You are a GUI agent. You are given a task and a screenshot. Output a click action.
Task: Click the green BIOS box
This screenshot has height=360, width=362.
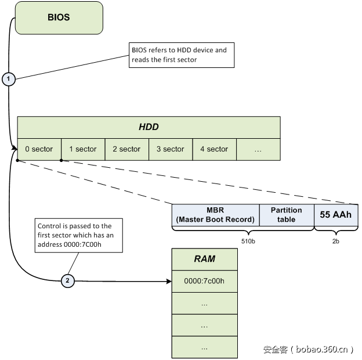click(x=59, y=17)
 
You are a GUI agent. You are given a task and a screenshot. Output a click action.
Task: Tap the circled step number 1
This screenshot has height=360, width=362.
click(x=8, y=79)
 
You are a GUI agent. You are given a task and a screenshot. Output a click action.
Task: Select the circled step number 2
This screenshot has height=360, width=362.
click(x=67, y=281)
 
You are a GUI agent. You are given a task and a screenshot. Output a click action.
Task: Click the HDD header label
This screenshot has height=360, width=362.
click(x=149, y=127)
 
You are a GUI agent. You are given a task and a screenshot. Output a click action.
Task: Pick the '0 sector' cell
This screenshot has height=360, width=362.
click(x=39, y=149)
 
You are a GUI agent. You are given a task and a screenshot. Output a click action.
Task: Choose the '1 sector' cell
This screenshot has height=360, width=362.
click(x=83, y=149)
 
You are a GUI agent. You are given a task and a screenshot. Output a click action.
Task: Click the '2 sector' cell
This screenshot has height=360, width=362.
click(x=126, y=149)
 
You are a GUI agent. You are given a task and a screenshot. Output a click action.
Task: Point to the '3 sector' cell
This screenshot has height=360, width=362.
click(x=171, y=149)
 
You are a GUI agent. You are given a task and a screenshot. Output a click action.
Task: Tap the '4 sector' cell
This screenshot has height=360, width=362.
click(x=214, y=149)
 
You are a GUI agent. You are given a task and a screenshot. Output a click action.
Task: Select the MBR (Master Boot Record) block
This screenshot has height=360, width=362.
click(x=215, y=215)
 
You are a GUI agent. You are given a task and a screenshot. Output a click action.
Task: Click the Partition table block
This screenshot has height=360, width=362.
click(x=286, y=215)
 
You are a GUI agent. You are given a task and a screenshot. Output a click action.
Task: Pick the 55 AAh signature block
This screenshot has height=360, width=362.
click(x=336, y=215)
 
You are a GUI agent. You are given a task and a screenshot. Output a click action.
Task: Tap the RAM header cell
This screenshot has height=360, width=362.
click(x=204, y=259)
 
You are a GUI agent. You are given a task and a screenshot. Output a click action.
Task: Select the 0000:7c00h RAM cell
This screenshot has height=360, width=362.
click(x=204, y=281)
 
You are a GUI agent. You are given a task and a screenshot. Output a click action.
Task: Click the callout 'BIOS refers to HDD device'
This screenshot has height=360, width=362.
click(x=182, y=55)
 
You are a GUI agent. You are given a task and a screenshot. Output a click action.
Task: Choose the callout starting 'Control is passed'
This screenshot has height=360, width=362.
click(x=78, y=235)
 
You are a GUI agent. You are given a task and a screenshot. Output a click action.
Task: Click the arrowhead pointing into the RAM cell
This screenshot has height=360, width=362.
click(x=169, y=281)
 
